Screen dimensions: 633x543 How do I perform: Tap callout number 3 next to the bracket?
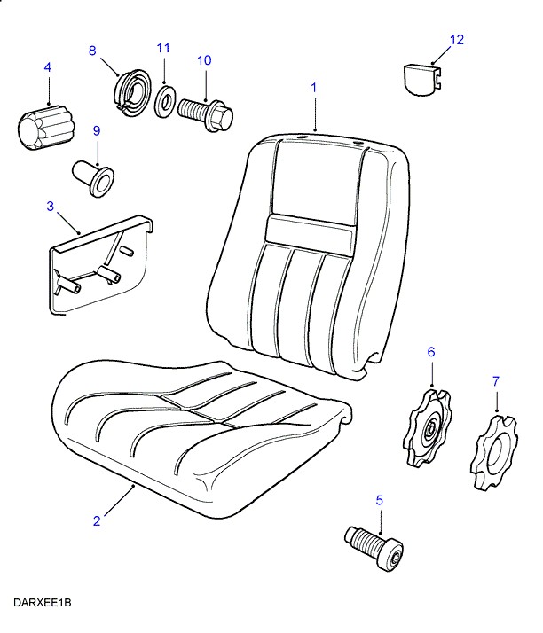(x=51, y=207)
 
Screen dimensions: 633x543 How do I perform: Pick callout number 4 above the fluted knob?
(x=47, y=66)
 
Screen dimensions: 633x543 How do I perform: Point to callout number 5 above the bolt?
(x=380, y=500)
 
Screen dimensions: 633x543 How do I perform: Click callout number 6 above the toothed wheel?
(x=431, y=352)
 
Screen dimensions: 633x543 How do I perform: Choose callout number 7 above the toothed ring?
(x=496, y=381)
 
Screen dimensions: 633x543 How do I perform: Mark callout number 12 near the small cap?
(x=457, y=40)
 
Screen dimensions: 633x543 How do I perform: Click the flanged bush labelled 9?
(x=92, y=176)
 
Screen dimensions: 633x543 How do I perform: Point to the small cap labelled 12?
(x=420, y=79)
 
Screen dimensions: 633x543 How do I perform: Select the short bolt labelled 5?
(x=374, y=543)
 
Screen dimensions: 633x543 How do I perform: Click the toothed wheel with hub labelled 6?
(x=429, y=429)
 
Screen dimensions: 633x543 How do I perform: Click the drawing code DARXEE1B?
(x=42, y=603)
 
